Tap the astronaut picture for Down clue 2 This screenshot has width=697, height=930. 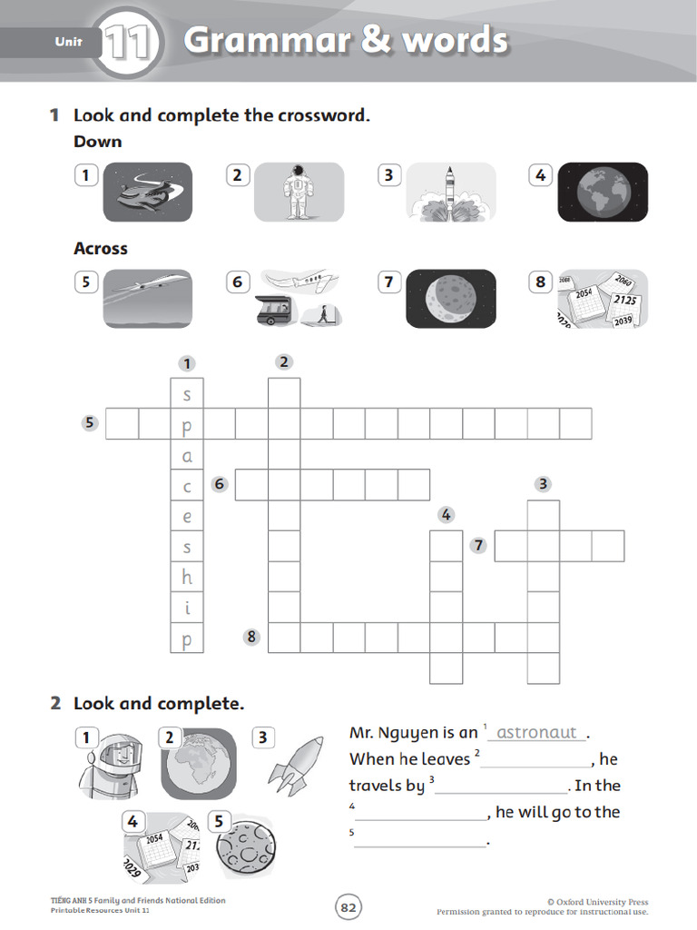(299, 192)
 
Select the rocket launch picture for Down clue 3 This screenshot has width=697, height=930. (450, 192)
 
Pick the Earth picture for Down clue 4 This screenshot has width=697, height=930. (603, 192)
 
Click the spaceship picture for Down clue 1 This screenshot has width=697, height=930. (148, 192)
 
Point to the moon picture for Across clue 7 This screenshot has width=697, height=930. (450, 298)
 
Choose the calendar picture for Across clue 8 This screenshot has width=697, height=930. (603, 298)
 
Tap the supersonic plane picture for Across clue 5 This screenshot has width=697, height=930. (148, 298)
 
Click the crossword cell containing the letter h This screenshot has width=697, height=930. (188, 577)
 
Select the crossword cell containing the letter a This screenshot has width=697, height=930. (188, 455)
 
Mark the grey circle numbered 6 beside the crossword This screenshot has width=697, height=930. (219, 484)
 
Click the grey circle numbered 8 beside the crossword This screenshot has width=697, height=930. (252, 638)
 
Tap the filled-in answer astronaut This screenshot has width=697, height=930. (537, 732)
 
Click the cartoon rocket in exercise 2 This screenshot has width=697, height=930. (295, 760)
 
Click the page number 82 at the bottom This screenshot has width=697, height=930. (348, 906)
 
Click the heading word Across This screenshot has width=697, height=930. (101, 248)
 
